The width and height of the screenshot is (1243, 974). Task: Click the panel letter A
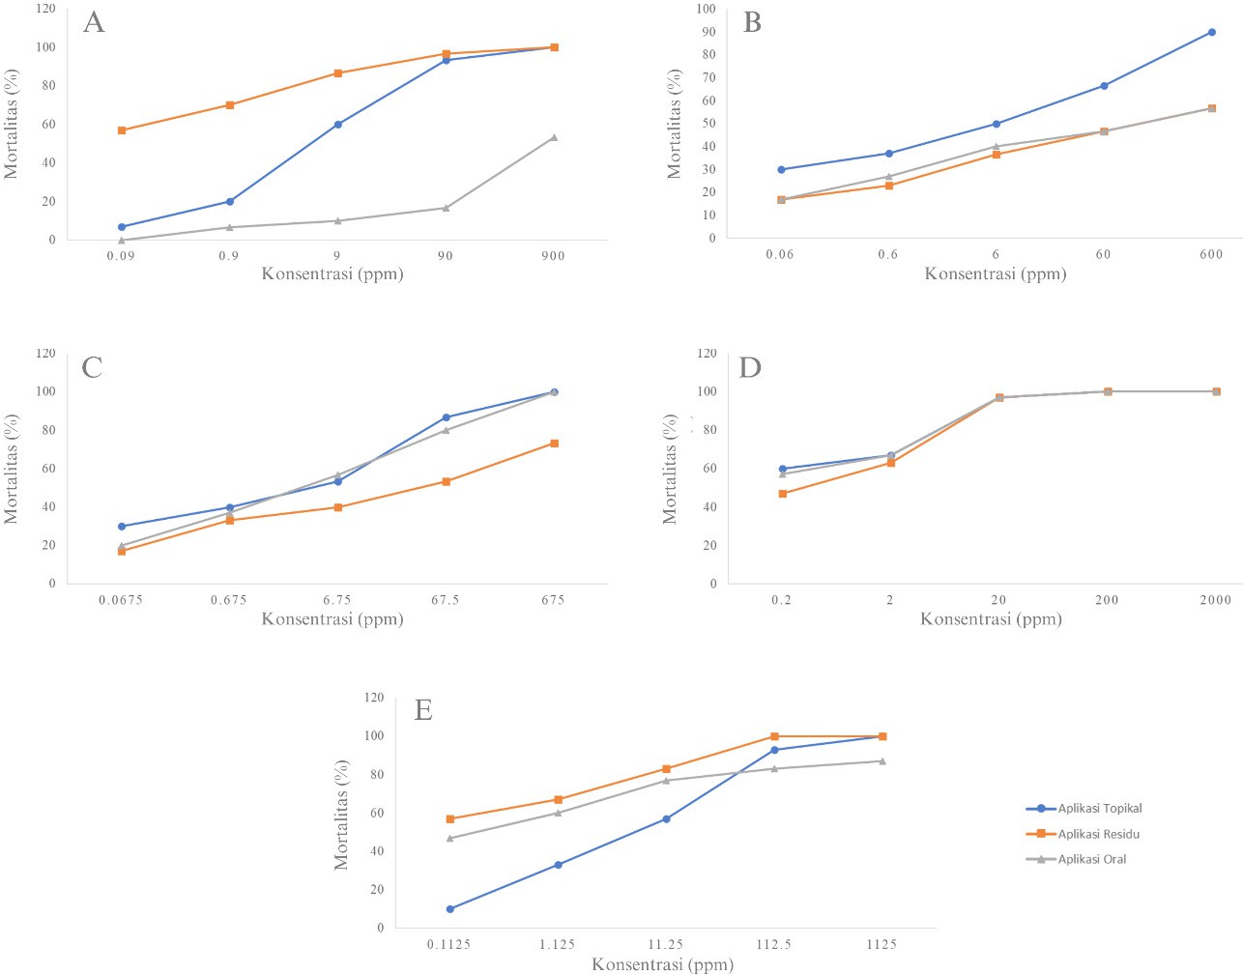(x=94, y=22)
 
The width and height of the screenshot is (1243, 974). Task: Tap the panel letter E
(x=423, y=710)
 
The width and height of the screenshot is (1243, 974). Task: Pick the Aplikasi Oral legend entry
(x=1092, y=859)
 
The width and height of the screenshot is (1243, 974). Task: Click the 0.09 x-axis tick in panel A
(x=121, y=256)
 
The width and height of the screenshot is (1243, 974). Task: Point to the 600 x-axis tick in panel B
(x=1211, y=254)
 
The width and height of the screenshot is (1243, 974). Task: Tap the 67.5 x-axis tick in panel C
(x=446, y=600)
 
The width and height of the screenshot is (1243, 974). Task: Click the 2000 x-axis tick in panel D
(x=1216, y=600)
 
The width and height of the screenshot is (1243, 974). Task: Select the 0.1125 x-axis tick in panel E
(x=449, y=944)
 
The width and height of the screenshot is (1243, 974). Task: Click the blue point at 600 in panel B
(x=1212, y=32)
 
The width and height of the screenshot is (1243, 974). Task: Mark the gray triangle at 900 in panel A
(x=554, y=137)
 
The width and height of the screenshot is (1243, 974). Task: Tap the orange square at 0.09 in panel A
(x=122, y=130)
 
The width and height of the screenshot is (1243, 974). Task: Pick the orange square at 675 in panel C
(x=554, y=444)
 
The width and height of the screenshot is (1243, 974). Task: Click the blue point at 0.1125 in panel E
(x=450, y=909)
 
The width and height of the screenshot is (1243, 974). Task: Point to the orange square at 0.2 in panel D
(x=783, y=494)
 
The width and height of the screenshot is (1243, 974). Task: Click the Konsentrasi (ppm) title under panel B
(x=996, y=274)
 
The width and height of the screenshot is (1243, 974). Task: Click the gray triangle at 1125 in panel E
(x=882, y=761)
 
